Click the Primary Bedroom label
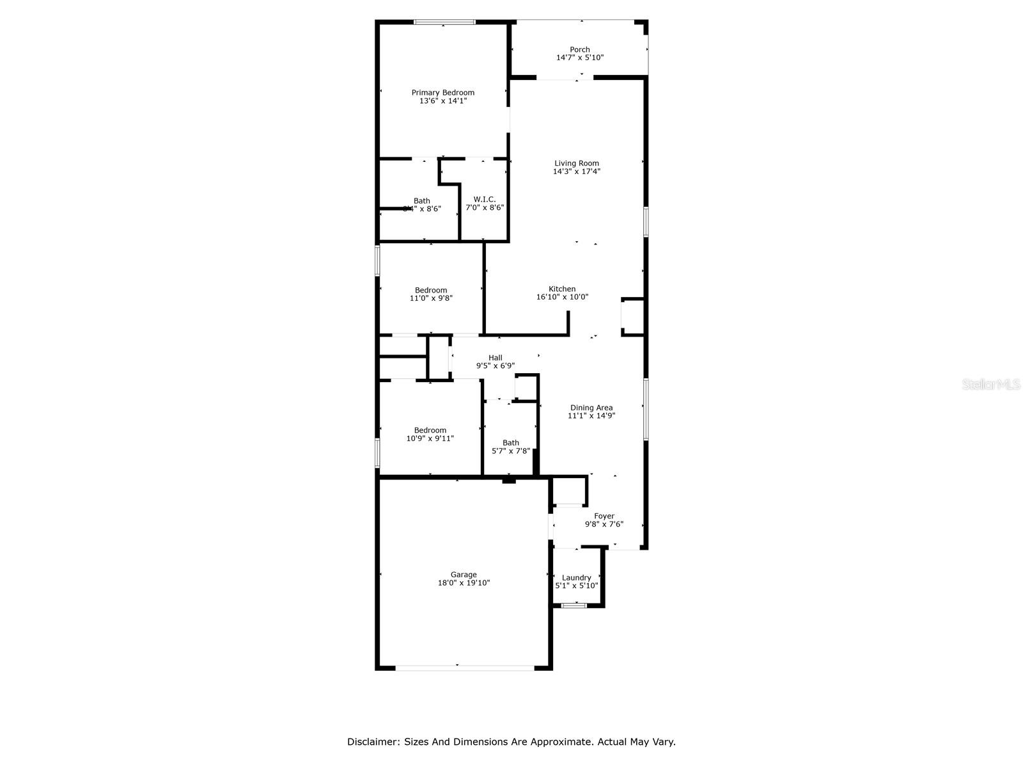click(x=442, y=93)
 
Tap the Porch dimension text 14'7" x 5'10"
click(x=580, y=58)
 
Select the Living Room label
click(x=576, y=163)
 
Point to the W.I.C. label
click(x=484, y=200)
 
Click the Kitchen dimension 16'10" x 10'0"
click(x=562, y=297)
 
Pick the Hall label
click(x=495, y=358)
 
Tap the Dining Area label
click(x=591, y=408)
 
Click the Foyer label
click(x=604, y=516)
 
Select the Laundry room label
click(x=576, y=577)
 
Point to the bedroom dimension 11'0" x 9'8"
click(x=431, y=298)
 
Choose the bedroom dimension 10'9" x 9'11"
click(x=430, y=438)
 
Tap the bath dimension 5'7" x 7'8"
click(x=510, y=451)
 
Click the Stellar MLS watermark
click(x=991, y=385)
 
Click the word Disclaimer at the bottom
click(x=373, y=742)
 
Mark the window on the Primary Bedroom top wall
click(x=444, y=22)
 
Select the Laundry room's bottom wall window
click(x=574, y=605)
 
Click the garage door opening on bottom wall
click(x=464, y=668)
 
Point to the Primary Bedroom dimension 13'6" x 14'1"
click(x=442, y=100)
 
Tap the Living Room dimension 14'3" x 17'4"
click(x=576, y=172)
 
